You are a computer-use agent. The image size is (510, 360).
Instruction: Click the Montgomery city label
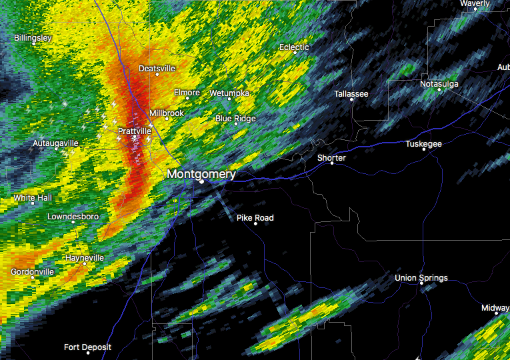[201, 173]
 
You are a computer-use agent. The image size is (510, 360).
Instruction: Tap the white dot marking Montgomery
[201, 181]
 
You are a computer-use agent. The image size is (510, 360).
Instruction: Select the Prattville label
[134, 131]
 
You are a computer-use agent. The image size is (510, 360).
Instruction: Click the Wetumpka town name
[229, 93]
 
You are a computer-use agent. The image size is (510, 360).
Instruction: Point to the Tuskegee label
[423, 143]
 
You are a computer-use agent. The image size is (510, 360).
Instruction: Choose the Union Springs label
[421, 277]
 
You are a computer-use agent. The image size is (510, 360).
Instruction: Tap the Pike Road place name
[255, 217]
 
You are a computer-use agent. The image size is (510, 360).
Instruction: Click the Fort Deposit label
[87, 347]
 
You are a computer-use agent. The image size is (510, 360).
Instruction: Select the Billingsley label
[33, 38]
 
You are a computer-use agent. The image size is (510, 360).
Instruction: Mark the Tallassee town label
[351, 94]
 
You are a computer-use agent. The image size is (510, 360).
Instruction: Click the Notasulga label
[440, 83]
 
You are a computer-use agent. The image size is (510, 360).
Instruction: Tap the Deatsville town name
[157, 68]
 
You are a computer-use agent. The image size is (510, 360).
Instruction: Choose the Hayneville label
[85, 257]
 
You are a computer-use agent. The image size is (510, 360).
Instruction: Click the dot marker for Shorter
[331, 163]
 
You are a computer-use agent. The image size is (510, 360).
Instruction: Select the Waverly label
[475, 3]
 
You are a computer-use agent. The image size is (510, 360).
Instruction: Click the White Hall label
[33, 198]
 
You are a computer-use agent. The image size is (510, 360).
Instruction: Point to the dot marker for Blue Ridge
[235, 123]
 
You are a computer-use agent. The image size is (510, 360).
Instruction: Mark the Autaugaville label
[56, 143]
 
